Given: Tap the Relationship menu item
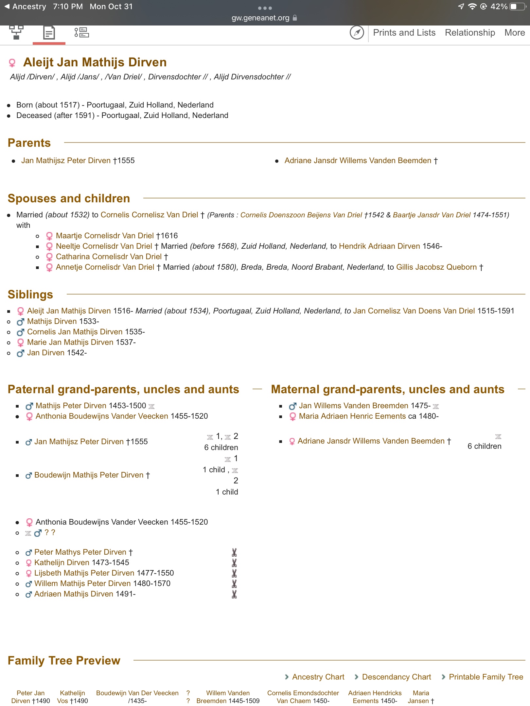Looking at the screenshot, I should pyautogui.click(x=469, y=33).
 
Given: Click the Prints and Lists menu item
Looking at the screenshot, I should pyautogui.click(x=404, y=33).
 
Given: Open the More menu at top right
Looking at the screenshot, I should pyautogui.click(x=514, y=33).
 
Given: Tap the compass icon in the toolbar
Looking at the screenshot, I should pyautogui.click(x=357, y=33).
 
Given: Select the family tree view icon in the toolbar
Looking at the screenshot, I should pyautogui.click(x=16, y=33).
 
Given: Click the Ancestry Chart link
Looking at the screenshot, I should pyautogui.click(x=318, y=677).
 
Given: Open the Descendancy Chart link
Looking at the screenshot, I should pyautogui.click(x=396, y=677).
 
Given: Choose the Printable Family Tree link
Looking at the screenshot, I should pyautogui.click(x=486, y=677).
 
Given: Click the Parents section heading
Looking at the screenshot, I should pyautogui.click(x=29, y=143).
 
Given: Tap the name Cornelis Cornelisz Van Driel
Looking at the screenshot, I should pyautogui.click(x=149, y=215).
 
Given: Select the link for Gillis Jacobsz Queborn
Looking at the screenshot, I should pyautogui.click(x=436, y=267).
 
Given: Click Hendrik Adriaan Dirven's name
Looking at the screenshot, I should pyautogui.click(x=379, y=246).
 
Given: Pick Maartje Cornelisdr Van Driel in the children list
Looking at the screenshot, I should pyautogui.click(x=105, y=236).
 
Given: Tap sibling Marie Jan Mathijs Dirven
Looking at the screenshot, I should pyautogui.click(x=70, y=342).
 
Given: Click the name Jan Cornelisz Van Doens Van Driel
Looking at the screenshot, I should pyautogui.click(x=414, y=311).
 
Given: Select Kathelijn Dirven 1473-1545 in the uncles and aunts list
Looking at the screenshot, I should pyautogui.click(x=62, y=563).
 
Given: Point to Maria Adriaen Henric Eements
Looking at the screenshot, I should pyautogui.click(x=352, y=416).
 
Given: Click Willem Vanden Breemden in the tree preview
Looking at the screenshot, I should pyautogui.click(x=228, y=697).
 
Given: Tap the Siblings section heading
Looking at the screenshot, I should pyautogui.click(x=30, y=294).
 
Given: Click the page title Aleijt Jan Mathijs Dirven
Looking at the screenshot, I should pyautogui.click(x=95, y=62).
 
